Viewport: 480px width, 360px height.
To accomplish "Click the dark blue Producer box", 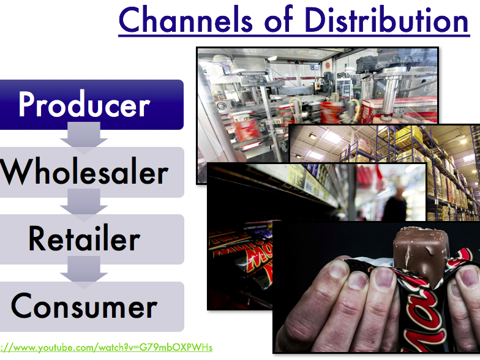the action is point(91,104).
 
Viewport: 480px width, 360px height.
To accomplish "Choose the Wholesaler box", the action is point(92,172).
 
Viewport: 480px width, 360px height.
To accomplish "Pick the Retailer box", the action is point(92,239).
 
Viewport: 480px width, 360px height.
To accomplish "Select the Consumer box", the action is point(92,306).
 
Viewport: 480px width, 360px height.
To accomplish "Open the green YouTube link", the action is point(106,348).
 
